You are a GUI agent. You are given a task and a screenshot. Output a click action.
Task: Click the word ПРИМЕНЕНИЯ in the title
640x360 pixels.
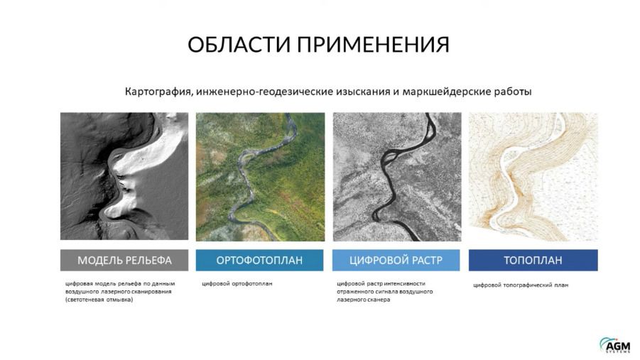[x=373, y=44]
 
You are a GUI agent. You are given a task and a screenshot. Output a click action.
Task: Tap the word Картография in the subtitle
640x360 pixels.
[x=158, y=92]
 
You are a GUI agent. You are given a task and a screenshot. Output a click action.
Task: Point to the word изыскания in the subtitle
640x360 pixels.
[x=363, y=92]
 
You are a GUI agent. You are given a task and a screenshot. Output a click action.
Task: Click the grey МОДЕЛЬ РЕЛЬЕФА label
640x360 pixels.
[x=124, y=261]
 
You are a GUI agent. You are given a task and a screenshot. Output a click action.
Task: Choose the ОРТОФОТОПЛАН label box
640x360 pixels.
[x=259, y=261]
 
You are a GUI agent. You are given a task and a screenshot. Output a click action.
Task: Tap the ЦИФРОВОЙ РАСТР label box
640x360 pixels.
[x=396, y=261]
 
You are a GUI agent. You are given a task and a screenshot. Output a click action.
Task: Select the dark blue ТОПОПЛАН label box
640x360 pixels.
[x=533, y=261]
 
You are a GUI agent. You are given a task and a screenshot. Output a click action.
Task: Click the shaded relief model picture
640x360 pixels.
[x=124, y=176]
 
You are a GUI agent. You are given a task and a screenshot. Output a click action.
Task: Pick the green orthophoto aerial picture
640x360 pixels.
[x=261, y=177]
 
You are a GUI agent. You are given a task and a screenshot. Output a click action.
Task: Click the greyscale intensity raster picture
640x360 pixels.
[x=397, y=177]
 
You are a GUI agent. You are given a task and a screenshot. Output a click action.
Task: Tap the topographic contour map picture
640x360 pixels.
[x=533, y=177]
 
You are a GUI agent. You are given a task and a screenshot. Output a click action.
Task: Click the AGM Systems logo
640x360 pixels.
[x=614, y=345]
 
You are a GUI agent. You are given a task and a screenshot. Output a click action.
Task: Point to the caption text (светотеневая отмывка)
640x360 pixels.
[x=99, y=300]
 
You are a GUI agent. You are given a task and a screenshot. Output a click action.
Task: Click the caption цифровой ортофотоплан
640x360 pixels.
[x=237, y=284]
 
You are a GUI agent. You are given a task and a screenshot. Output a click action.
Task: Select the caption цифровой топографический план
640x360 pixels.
[x=521, y=285]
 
